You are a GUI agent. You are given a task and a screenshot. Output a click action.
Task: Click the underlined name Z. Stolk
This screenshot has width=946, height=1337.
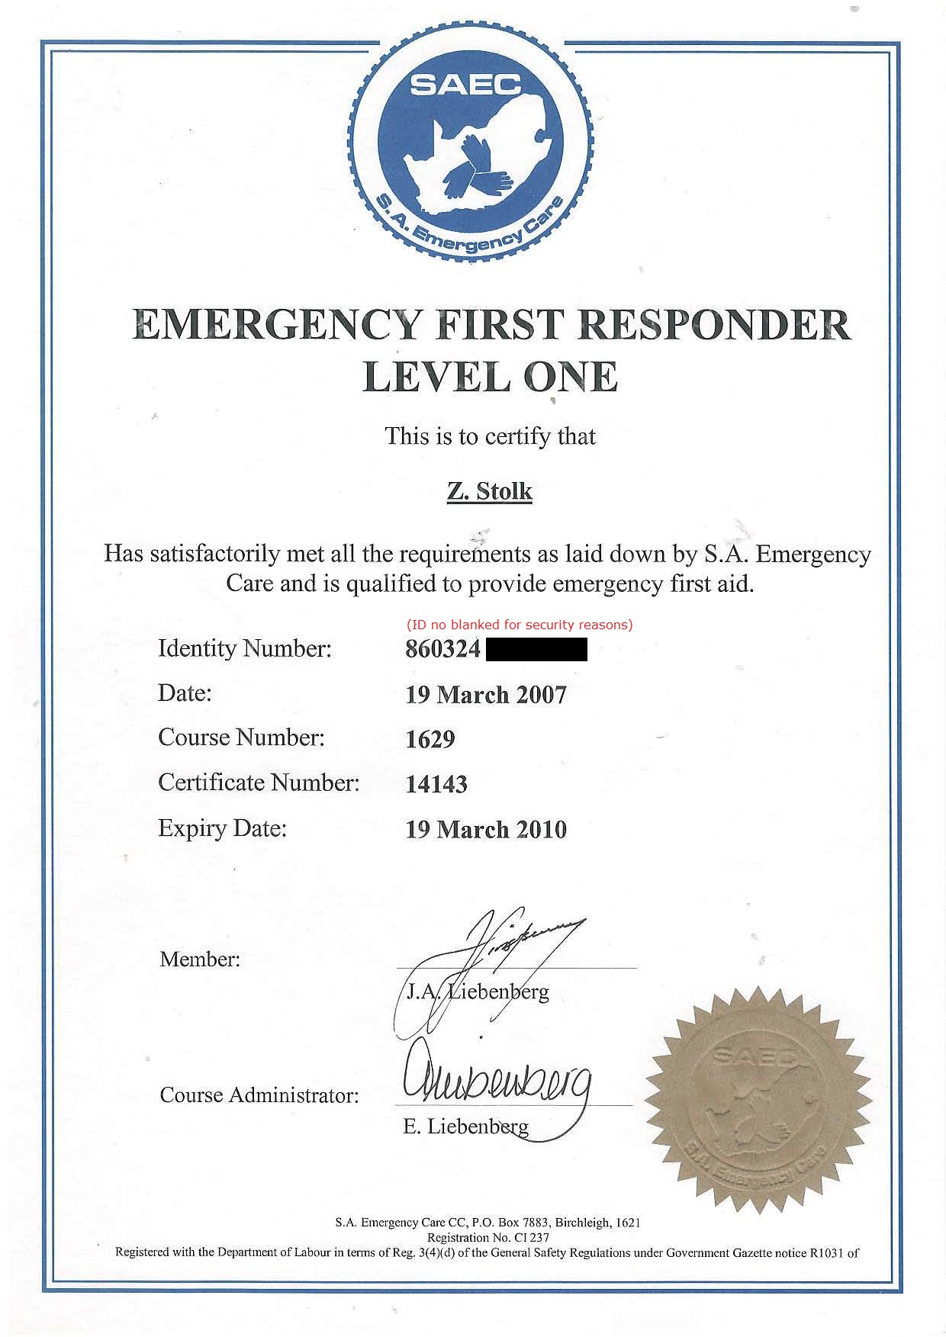click(x=489, y=491)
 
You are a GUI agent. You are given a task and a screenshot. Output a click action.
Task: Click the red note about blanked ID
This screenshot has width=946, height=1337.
click(x=520, y=625)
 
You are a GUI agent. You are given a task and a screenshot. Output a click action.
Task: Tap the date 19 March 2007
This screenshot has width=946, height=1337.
click(x=486, y=695)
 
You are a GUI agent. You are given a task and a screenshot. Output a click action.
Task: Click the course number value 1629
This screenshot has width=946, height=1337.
click(x=430, y=739)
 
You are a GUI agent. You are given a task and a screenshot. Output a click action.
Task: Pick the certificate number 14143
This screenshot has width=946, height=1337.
click(x=436, y=784)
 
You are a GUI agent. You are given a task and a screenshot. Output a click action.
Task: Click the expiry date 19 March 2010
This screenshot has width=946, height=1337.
click(x=486, y=829)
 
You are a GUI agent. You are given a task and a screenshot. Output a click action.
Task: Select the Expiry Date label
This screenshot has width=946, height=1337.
click(x=222, y=828)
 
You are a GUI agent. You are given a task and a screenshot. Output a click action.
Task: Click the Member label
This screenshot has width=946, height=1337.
click(x=200, y=959)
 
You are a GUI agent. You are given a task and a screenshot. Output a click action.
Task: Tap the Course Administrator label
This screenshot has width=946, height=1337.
click(x=259, y=1096)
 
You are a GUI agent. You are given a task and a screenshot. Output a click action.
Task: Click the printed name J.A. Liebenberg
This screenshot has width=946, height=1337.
click(x=478, y=992)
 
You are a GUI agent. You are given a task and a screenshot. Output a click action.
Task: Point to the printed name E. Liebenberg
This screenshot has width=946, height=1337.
click(x=465, y=1126)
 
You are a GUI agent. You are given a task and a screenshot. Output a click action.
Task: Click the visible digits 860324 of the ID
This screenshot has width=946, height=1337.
click(x=443, y=650)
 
